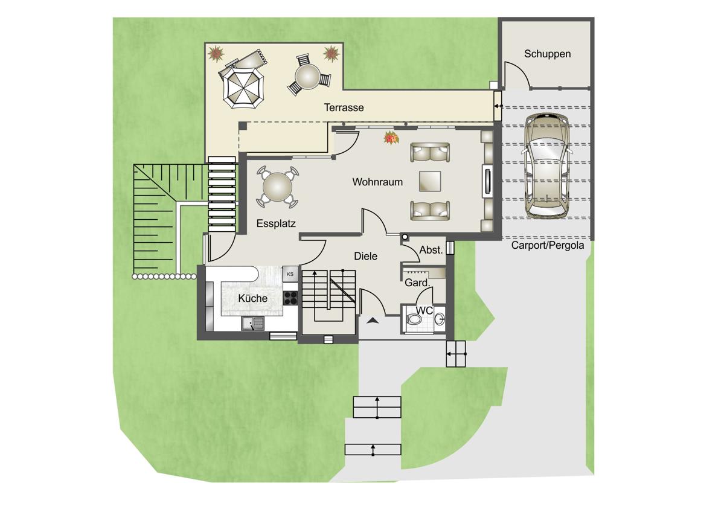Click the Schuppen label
[547, 54]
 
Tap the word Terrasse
[344, 107]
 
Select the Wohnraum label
[377, 182]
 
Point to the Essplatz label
[276, 223]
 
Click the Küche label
[252, 298]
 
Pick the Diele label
[365, 256]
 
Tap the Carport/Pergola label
[547, 245]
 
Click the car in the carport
[547, 165]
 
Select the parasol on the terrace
[244, 87]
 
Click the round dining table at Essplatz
[277, 187]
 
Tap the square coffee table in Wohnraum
[430, 181]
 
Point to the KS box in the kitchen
[290, 274]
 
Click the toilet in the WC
[413, 319]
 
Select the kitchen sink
[252, 324]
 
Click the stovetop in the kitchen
[290, 298]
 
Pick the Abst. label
[431, 250]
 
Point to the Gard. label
[417, 283]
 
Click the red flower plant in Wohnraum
[391, 138]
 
